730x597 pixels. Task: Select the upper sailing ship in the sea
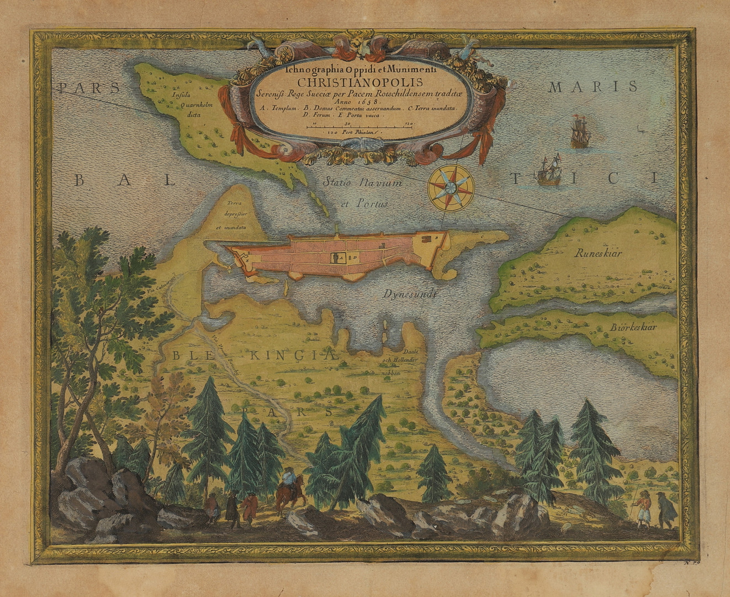pos(580,131)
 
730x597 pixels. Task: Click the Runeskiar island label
pos(597,254)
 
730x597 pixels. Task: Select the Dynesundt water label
pos(410,294)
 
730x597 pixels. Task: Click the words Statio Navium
pos(363,181)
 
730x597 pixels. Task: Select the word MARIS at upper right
pos(594,86)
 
